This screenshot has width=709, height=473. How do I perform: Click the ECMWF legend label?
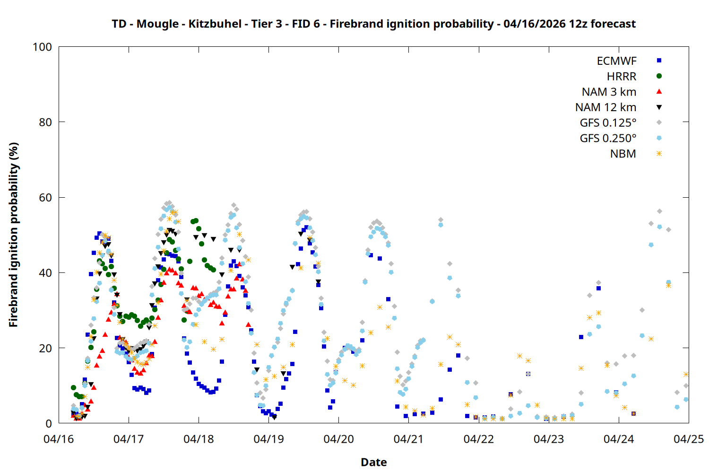[x=616, y=61]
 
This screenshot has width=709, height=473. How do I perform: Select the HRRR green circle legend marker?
[x=659, y=76]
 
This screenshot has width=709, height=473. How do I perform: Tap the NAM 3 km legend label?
[x=609, y=92]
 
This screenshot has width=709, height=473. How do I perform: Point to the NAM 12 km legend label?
[x=605, y=107]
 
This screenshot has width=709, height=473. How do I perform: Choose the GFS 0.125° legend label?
[x=608, y=123]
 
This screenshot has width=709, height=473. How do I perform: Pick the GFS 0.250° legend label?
[x=608, y=139]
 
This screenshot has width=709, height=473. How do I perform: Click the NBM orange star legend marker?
[x=659, y=154]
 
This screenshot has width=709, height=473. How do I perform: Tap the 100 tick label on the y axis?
[x=42, y=47]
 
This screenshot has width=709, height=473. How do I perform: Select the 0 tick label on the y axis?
[x=48, y=423]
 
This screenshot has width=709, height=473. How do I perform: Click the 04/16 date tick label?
[x=59, y=439]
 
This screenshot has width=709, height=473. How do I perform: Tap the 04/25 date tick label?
[x=688, y=439]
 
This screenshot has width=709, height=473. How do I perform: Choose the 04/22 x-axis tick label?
[x=478, y=439]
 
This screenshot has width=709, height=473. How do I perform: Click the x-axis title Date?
[x=373, y=462]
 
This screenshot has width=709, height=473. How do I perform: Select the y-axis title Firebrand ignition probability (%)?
[x=13, y=235]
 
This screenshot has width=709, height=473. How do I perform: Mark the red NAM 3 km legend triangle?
[x=659, y=92]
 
